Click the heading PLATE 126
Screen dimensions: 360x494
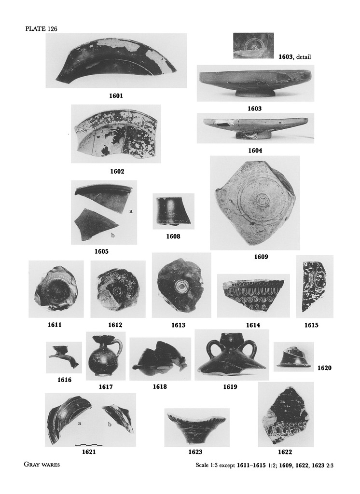coord(41,28)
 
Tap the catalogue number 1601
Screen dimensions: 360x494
coord(116,96)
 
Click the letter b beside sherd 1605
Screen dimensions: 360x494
coord(112,235)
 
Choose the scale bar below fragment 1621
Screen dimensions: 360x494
coord(89,444)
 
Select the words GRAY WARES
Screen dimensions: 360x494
coord(42,464)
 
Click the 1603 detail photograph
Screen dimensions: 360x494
coord(253,46)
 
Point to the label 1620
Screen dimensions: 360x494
coord(324,368)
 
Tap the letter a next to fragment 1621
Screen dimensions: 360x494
coord(80,423)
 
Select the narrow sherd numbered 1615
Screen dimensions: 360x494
coord(314,286)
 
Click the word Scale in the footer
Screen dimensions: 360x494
coord(202,465)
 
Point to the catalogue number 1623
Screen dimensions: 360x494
coord(195,452)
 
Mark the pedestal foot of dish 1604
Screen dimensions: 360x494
coord(254,136)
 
